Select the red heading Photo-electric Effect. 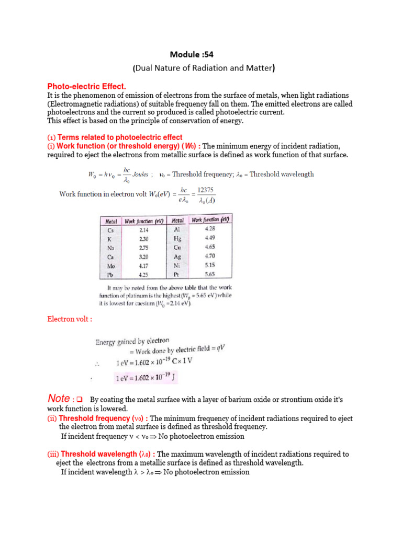(87, 86)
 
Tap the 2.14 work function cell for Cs (144, 229)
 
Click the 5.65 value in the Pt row (210, 273)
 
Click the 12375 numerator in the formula (205, 190)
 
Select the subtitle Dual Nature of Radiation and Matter (204, 67)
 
